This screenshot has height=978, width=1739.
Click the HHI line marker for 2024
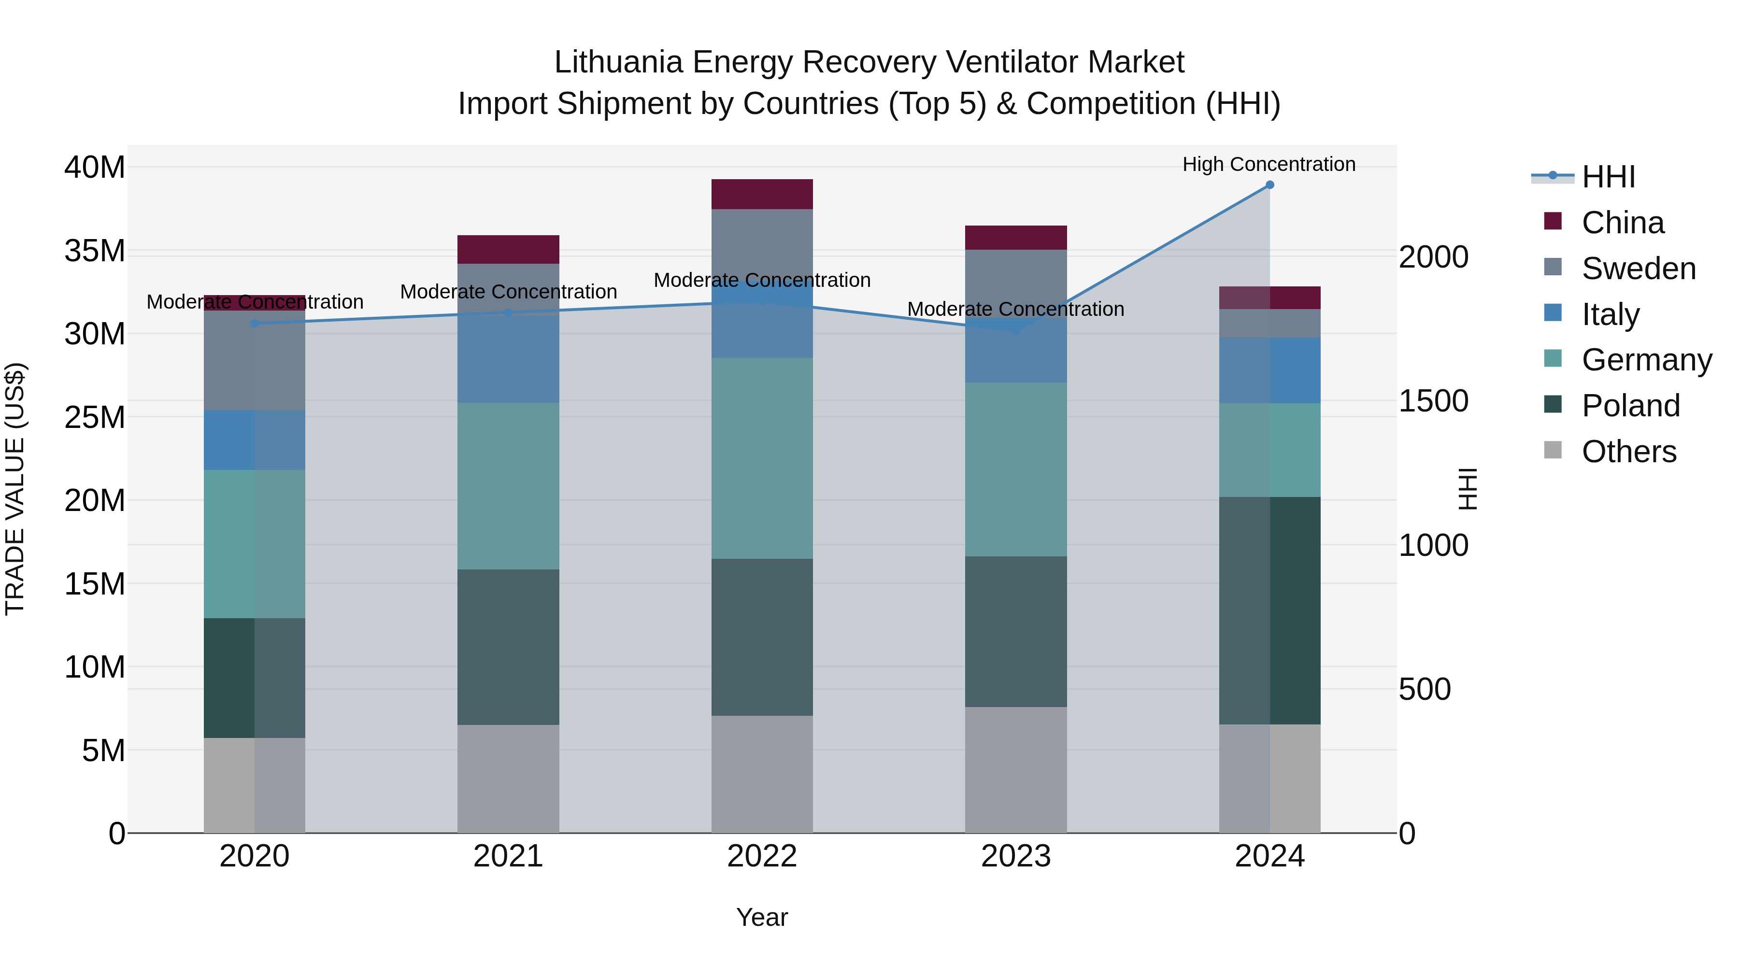click(x=1269, y=185)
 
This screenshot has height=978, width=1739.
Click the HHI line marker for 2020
click(x=255, y=323)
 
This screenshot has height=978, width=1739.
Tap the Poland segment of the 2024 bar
click(x=1269, y=611)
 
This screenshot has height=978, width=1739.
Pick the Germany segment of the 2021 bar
click(x=508, y=486)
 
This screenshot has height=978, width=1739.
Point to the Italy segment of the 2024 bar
click(x=1269, y=370)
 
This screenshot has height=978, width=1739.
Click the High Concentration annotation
click(x=1269, y=165)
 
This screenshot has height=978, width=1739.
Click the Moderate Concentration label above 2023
click(x=1015, y=309)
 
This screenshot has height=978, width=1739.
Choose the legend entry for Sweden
click(x=1639, y=269)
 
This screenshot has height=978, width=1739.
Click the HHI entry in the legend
click(x=1608, y=177)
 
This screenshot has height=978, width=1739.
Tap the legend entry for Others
click(x=1628, y=452)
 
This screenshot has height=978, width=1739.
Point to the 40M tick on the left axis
click(x=95, y=168)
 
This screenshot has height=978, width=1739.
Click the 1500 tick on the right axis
click(x=1433, y=401)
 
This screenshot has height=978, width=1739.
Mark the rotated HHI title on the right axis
click(x=1468, y=489)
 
